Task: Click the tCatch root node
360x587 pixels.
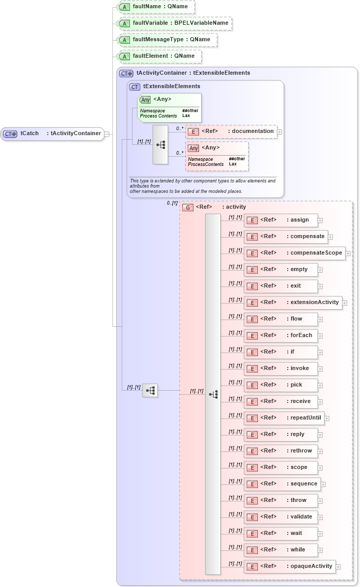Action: pyautogui.click(x=52, y=133)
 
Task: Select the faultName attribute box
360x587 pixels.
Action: pyautogui.click(x=155, y=7)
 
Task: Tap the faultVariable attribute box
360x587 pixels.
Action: pyautogui.click(x=174, y=23)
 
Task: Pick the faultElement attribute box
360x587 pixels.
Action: pyautogui.click(x=158, y=56)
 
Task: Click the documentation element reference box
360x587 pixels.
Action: pyautogui.click(x=231, y=131)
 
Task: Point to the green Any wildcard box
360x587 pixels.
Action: pyautogui.click(x=169, y=107)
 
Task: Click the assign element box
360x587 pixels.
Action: pyautogui.click(x=281, y=220)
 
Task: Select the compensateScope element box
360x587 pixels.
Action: pyautogui.click(x=294, y=253)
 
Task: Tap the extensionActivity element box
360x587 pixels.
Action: pyautogui.click(x=293, y=303)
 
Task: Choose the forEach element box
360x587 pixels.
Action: pyautogui.click(x=281, y=336)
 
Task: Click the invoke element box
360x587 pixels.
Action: pyautogui.click(x=281, y=368)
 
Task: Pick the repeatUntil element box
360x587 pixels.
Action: pyautogui.click(x=284, y=418)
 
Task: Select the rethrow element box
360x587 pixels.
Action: pyautogui.click(x=281, y=451)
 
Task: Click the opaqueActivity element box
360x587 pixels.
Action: pyautogui.click(x=289, y=566)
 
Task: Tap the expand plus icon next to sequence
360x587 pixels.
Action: pyautogui.click(x=323, y=484)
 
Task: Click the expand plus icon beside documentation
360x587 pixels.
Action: pyautogui.click(x=280, y=132)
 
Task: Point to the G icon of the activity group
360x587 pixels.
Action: pyautogui.click(x=188, y=207)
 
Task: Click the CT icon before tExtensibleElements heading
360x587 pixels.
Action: pyautogui.click(x=135, y=87)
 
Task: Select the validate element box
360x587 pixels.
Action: pyautogui.click(x=281, y=517)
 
